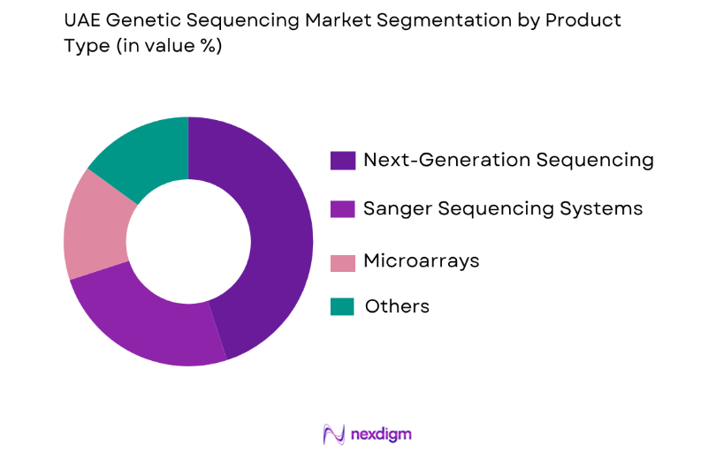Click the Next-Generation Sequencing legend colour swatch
click(341, 161)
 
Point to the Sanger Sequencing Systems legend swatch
click(341, 209)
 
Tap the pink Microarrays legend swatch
click(341, 262)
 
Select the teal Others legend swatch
click(341, 306)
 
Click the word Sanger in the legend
click(394, 209)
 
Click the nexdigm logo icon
click(334, 433)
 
